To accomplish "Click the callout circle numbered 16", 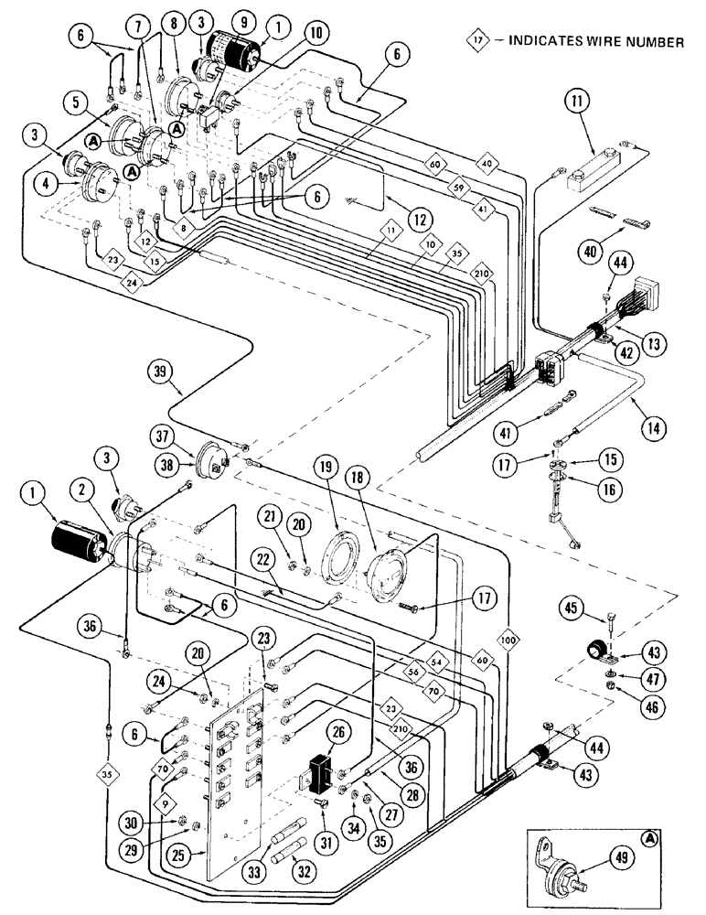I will (x=607, y=490).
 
